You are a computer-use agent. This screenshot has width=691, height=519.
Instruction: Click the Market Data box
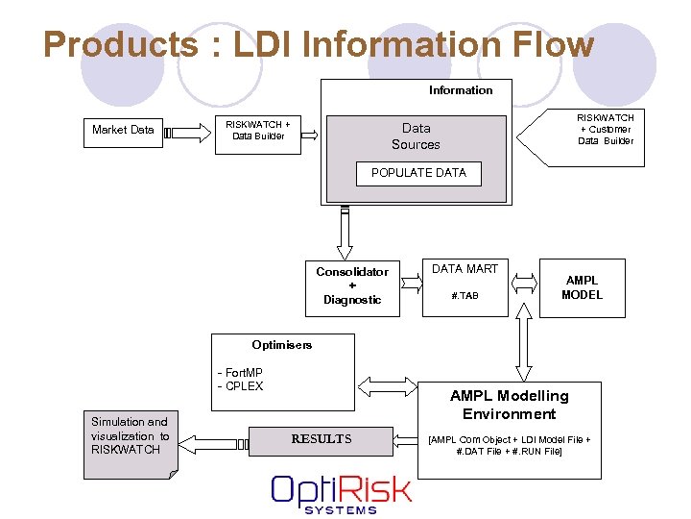(x=123, y=130)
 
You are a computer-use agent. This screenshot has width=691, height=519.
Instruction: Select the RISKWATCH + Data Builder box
(x=257, y=130)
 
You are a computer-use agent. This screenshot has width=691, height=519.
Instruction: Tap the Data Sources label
(x=416, y=136)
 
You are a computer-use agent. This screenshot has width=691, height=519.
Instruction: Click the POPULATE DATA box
(x=418, y=173)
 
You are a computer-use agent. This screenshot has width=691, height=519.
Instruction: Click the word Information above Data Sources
(x=461, y=90)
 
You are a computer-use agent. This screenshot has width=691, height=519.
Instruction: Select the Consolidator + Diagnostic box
(x=352, y=285)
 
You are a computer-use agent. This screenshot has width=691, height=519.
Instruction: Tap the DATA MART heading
(x=465, y=269)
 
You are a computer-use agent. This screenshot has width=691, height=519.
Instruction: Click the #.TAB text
(x=465, y=296)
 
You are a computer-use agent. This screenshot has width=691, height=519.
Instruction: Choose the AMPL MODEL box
(x=582, y=287)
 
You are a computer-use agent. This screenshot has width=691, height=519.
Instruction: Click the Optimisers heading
(x=282, y=345)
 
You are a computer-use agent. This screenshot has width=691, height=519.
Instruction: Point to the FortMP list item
(x=241, y=373)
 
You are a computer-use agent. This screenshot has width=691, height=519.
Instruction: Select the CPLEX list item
(x=241, y=386)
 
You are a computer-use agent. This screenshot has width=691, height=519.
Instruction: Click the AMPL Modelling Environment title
(x=509, y=405)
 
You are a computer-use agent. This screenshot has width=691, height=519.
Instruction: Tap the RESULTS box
(x=322, y=439)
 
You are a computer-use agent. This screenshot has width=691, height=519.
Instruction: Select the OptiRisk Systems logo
(x=341, y=493)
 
